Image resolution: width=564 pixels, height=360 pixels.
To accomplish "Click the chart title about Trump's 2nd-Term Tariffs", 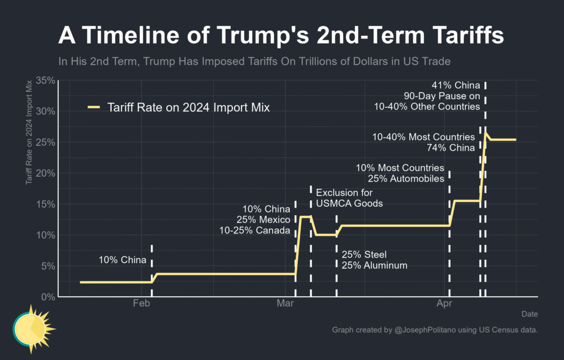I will [x=281, y=36].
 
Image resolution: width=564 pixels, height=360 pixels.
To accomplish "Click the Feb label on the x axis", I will [x=142, y=303].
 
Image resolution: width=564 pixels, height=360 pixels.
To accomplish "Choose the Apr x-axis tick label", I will [x=444, y=303].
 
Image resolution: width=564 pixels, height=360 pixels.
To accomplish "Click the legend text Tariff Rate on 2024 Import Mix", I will [x=189, y=107].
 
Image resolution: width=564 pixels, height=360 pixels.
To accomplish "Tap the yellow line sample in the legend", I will [x=94, y=107].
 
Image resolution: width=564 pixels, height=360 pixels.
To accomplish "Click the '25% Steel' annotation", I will [x=364, y=255].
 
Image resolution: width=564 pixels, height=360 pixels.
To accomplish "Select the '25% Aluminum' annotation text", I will [x=374, y=265].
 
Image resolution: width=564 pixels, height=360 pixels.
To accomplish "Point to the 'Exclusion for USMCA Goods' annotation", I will [x=349, y=198].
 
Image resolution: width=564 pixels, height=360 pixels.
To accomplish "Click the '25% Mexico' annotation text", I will [x=263, y=220].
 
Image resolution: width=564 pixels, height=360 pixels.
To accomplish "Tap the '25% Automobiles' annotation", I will [x=406, y=178].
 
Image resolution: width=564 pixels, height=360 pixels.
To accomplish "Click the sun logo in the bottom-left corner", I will [x=33, y=329].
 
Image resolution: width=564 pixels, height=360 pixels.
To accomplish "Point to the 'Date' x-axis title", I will [x=529, y=314].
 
